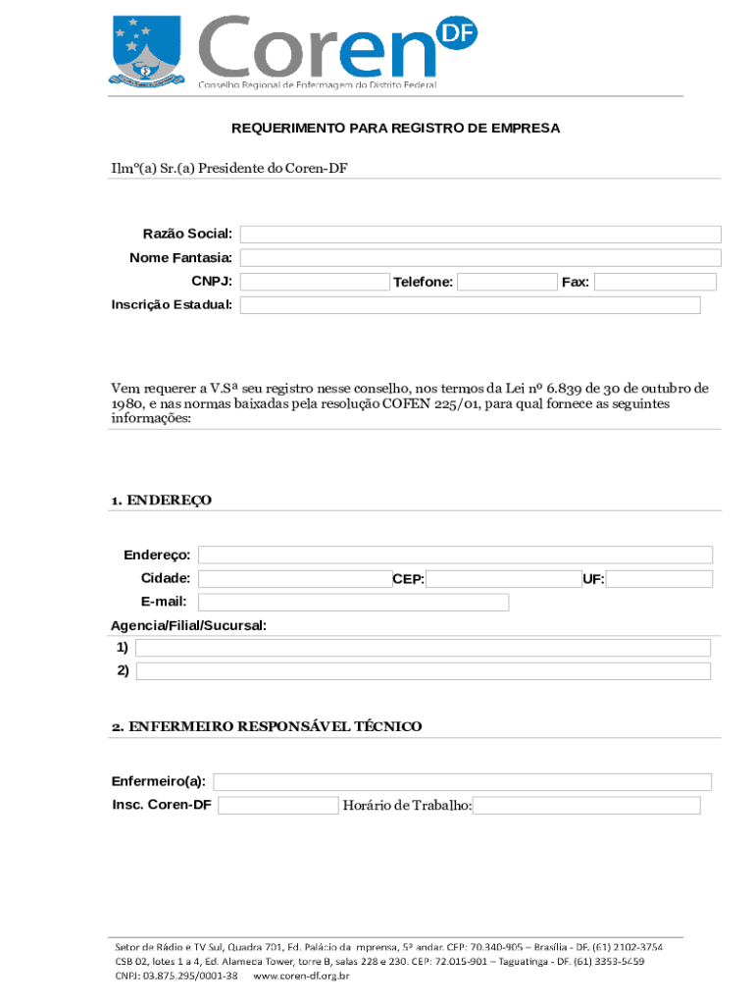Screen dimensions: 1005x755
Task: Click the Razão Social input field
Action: coord(480,234)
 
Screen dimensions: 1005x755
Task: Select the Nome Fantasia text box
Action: coord(480,258)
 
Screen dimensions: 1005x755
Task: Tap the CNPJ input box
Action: coord(315,283)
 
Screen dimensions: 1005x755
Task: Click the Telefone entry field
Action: coord(507,283)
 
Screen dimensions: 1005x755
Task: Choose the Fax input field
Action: coord(655,283)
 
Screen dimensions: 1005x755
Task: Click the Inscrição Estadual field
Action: coord(471,305)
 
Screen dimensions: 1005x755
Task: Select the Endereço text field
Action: coord(455,555)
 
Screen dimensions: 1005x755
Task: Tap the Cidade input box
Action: coord(294,579)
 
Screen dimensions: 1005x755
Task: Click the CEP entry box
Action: coord(504,579)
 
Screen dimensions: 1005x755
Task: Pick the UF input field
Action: coord(659,579)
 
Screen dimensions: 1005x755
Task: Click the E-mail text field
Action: coord(353,603)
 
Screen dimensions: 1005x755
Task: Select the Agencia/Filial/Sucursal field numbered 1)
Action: coord(423,648)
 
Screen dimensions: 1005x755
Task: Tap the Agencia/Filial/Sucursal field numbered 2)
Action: coord(423,671)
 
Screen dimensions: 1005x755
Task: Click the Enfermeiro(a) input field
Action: coord(463,782)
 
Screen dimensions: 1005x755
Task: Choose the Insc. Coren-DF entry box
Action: coord(277,806)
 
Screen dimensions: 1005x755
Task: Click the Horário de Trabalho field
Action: coord(586,806)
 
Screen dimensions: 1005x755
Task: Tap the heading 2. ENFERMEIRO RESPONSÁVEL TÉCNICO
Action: coord(267,726)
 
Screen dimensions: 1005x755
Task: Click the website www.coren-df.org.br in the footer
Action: coord(302,977)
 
